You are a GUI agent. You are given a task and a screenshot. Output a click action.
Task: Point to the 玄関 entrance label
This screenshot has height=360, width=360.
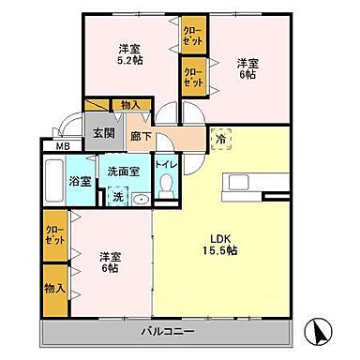click(x=100, y=132)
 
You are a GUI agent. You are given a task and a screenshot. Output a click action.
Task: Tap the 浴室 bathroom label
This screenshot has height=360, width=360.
click(x=83, y=179)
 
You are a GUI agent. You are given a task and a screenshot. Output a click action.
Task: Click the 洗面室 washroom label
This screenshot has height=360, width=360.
click(x=123, y=171)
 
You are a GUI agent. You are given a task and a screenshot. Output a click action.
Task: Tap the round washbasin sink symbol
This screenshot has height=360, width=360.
click(x=141, y=198)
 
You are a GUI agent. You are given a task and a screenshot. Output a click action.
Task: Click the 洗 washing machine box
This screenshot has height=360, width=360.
click(x=117, y=197)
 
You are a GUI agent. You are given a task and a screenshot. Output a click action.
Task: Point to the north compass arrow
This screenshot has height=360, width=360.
click(x=321, y=329)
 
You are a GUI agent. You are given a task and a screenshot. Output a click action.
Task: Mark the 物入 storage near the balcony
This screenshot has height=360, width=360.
click(x=54, y=289)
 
